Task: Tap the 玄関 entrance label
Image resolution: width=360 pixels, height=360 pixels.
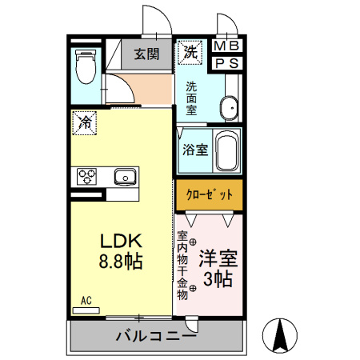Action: point(146,54)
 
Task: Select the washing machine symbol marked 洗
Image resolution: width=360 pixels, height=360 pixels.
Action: point(190,53)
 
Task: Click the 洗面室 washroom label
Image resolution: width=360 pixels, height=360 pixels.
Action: point(192,98)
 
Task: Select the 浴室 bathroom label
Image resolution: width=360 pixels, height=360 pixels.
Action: point(195,149)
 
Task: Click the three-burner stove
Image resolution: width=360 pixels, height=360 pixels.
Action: point(86,176)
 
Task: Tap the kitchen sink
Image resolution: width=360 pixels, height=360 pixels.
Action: point(125,176)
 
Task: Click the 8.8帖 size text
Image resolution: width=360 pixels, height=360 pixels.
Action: point(120,262)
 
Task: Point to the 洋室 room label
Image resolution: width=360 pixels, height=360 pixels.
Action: point(218,260)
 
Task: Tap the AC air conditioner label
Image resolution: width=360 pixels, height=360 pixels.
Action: point(86,301)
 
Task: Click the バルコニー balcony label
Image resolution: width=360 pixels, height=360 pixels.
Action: point(155,335)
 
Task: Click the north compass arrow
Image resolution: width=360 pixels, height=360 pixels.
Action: point(281,335)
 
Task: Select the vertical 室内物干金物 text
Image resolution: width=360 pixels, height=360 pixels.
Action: point(182,265)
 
